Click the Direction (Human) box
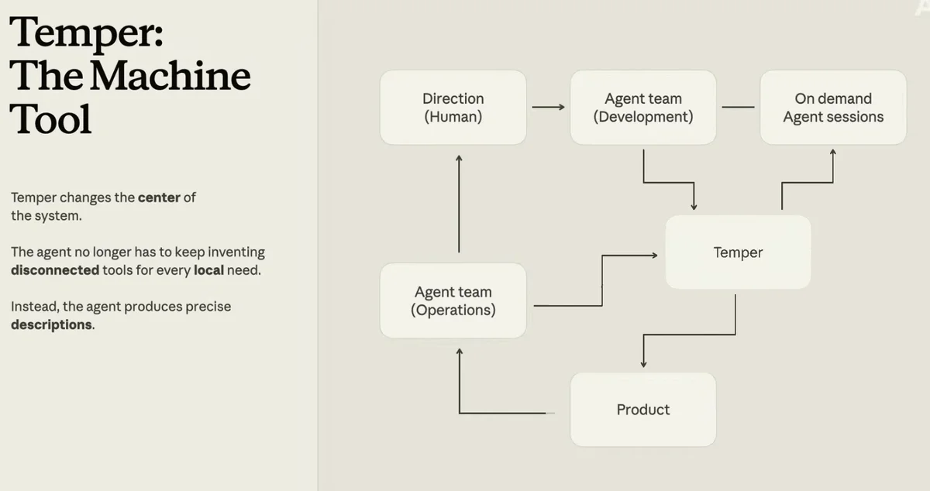[x=453, y=108]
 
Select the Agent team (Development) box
[x=643, y=108]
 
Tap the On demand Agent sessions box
[x=833, y=108]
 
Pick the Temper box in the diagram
[x=738, y=252]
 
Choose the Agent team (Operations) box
[x=453, y=300]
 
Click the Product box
[x=643, y=410]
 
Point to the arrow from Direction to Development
[x=549, y=107]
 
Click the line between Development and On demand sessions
[x=738, y=107]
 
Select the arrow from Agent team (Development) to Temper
[x=668, y=182]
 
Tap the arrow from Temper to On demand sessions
[x=808, y=182]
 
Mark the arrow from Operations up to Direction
[x=459, y=204]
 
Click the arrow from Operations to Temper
[x=602, y=280]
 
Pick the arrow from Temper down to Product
[x=689, y=334]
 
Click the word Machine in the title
[x=170, y=76]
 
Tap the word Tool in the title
[x=50, y=119]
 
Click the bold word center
[x=159, y=197]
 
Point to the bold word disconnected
[x=55, y=270]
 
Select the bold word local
[x=208, y=270]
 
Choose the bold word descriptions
[x=51, y=324]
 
